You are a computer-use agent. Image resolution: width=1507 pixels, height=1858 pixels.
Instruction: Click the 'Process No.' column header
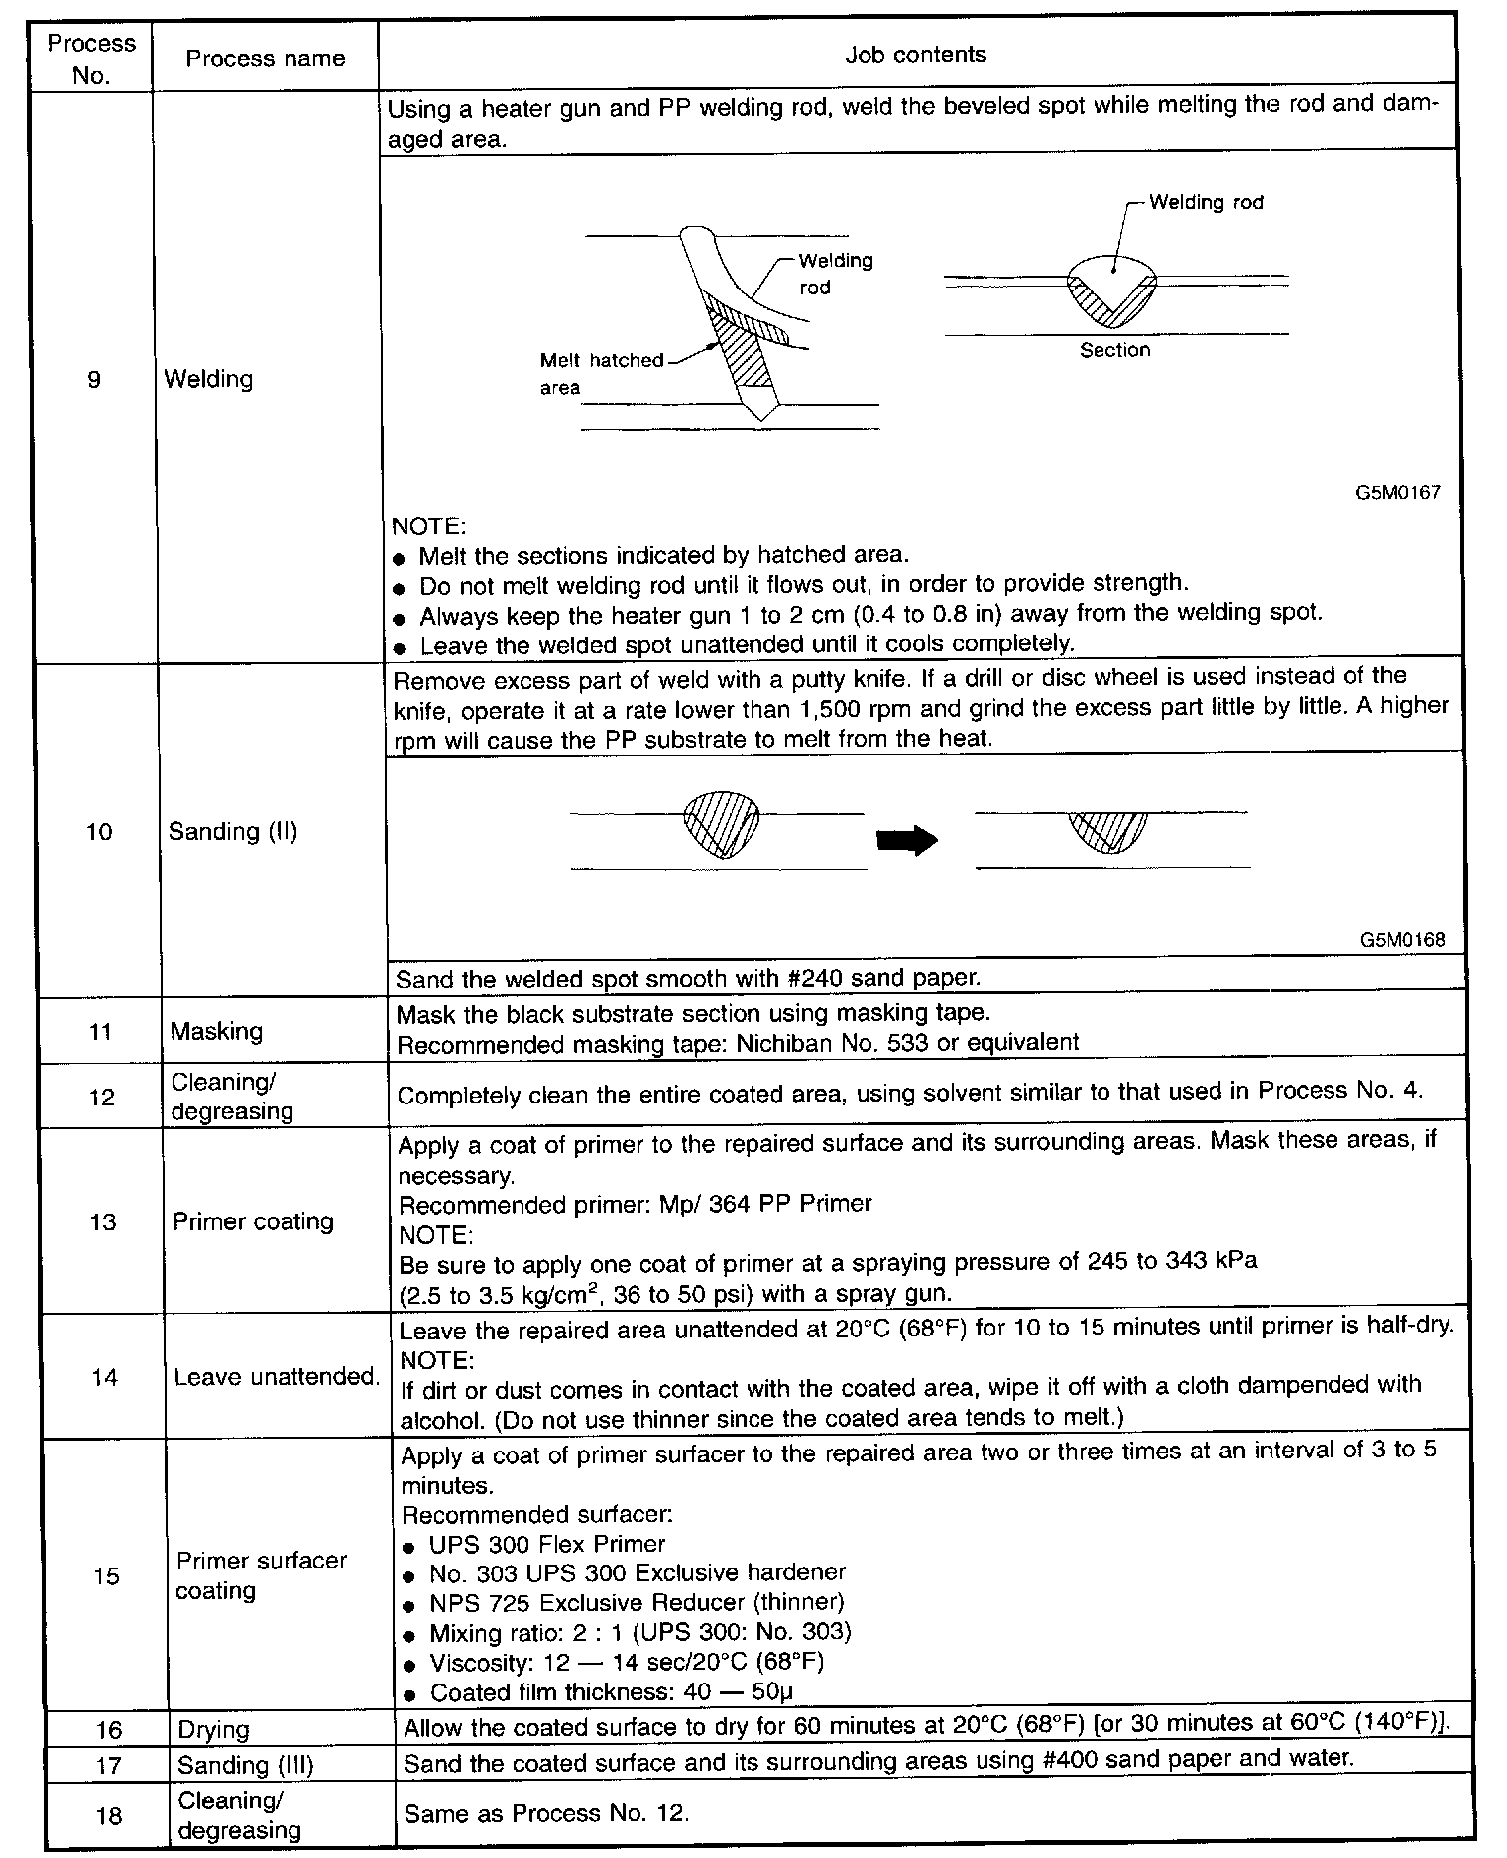(x=91, y=58)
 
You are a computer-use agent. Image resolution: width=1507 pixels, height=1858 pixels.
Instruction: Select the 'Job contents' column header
(x=915, y=55)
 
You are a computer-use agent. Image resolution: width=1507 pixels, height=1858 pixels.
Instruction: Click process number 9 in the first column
(x=94, y=379)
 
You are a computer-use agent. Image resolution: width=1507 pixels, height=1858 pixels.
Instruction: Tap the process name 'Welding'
(x=208, y=379)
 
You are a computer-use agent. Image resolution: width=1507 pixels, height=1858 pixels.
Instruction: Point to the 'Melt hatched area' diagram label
(x=600, y=373)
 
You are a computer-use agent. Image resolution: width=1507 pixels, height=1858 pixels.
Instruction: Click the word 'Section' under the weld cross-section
(x=1114, y=350)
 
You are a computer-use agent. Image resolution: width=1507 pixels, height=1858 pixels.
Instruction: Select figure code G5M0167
(x=1398, y=492)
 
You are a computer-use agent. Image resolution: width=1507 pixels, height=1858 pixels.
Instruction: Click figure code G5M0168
(x=1402, y=940)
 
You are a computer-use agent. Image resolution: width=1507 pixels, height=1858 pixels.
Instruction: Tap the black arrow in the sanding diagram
(x=907, y=840)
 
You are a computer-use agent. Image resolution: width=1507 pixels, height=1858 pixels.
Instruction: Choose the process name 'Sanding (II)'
(x=233, y=831)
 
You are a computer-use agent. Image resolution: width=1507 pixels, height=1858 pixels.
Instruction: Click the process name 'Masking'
(x=216, y=1031)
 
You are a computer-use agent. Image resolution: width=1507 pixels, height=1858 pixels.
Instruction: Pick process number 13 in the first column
(x=103, y=1221)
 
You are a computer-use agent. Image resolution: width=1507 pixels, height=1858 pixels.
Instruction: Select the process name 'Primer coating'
(x=253, y=1221)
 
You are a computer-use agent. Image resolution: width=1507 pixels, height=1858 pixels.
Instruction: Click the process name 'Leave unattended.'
(x=277, y=1377)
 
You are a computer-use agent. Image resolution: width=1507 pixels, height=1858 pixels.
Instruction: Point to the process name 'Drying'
(x=213, y=1730)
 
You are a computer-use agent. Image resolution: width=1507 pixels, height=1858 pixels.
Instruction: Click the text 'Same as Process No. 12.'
(x=546, y=1813)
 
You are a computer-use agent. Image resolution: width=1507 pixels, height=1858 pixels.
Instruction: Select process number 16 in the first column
(x=109, y=1730)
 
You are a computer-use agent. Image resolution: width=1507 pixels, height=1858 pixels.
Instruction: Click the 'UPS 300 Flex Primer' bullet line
(x=546, y=1544)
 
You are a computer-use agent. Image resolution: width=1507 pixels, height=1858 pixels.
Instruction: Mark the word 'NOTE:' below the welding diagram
(x=428, y=525)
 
